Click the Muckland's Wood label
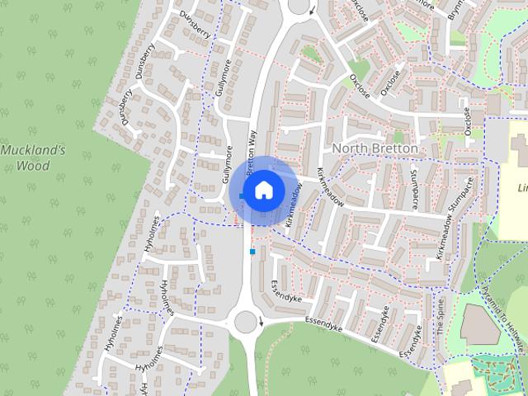pyautogui.click(x=37, y=158)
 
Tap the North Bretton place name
pyautogui.click(x=375, y=148)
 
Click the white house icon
pyautogui.click(x=263, y=191)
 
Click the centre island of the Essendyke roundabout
pyautogui.click(x=245, y=320)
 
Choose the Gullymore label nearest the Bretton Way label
pyautogui.click(x=228, y=164)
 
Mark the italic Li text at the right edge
pyautogui.click(x=521, y=187)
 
